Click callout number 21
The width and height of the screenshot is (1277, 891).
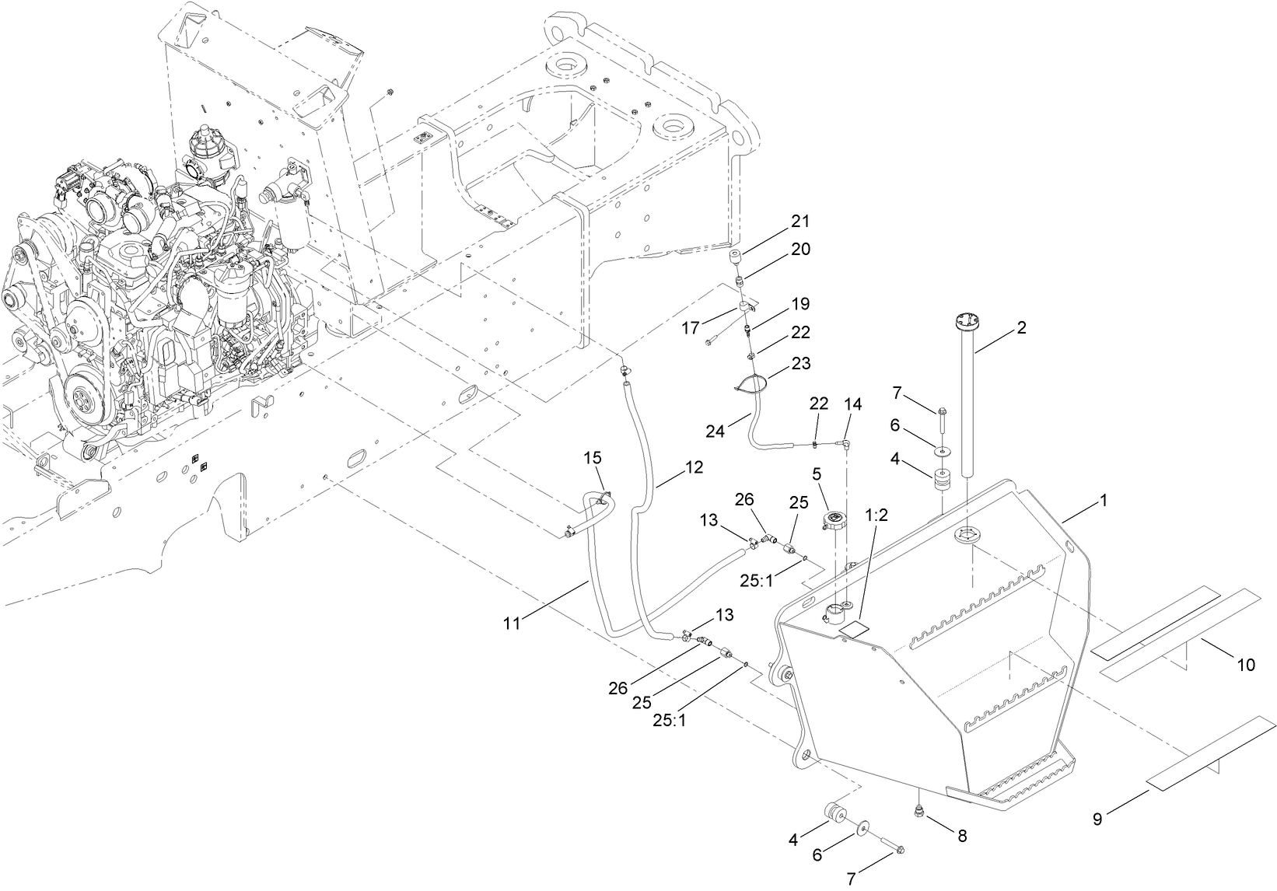point(800,222)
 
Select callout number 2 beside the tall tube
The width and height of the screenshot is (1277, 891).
point(1021,328)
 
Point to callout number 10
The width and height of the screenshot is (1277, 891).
point(1246,665)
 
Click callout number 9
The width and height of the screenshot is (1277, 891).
point(1097,819)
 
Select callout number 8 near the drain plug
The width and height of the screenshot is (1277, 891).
point(962,837)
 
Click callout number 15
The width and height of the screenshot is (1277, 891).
point(593,459)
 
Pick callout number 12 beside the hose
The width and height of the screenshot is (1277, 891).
point(694,467)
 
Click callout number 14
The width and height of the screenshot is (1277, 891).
point(853,404)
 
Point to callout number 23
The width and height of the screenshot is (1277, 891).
point(801,363)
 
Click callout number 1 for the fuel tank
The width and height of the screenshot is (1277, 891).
point(1102,501)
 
